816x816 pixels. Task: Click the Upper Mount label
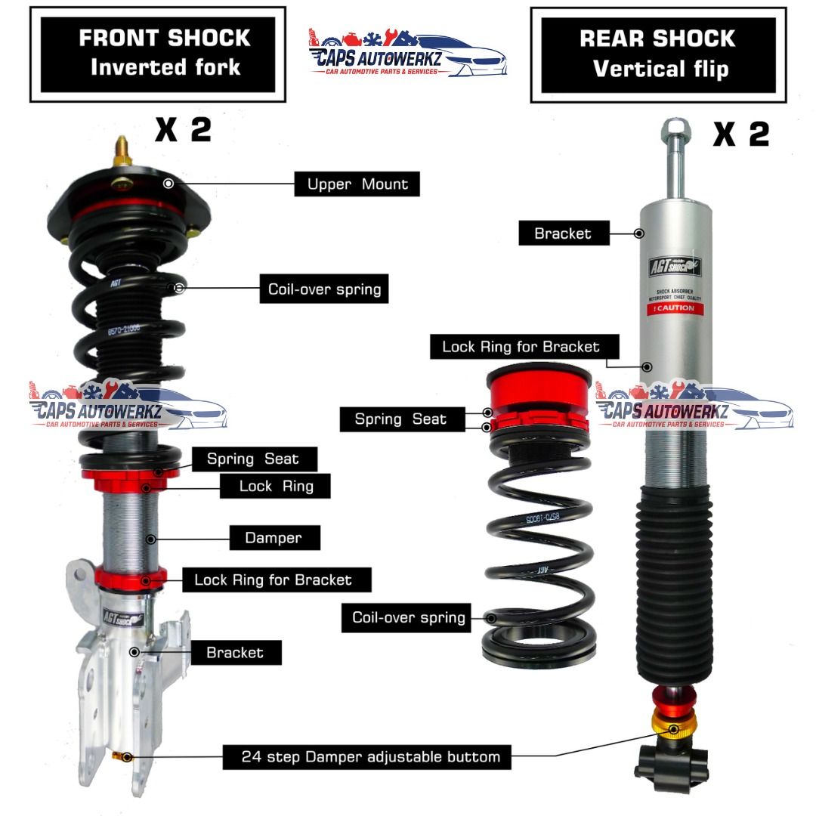(x=357, y=184)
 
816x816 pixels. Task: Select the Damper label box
(x=273, y=538)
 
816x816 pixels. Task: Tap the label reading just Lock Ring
(x=276, y=486)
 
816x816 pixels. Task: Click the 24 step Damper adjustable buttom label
(x=366, y=756)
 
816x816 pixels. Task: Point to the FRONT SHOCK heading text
(x=164, y=38)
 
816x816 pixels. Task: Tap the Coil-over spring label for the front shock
(x=324, y=289)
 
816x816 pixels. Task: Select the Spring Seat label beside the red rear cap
(x=400, y=419)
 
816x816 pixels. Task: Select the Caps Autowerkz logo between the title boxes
(x=409, y=52)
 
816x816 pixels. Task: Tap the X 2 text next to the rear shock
(x=740, y=134)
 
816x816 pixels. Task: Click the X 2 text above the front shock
(x=183, y=129)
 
